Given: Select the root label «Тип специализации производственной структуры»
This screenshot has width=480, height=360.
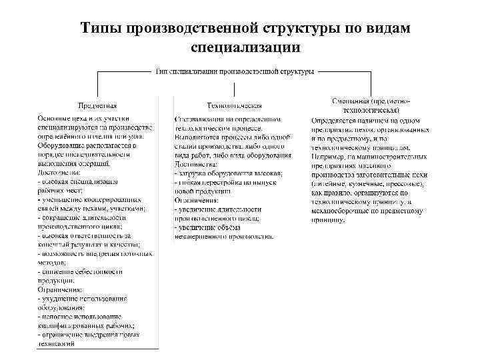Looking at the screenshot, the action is pyautogui.click(x=235, y=71).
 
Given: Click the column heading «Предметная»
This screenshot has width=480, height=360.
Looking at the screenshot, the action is pyautogui.click(x=97, y=105).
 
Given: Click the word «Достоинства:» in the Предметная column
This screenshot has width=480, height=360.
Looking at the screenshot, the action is pyautogui.click(x=60, y=172).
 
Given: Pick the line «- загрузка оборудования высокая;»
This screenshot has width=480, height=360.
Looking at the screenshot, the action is pyautogui.click(x=227, y=173).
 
